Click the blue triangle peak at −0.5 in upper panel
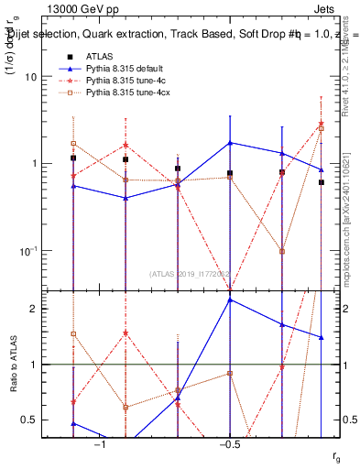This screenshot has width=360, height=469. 230,143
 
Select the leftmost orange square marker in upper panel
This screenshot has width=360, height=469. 73,144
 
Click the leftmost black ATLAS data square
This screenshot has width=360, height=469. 73,158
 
